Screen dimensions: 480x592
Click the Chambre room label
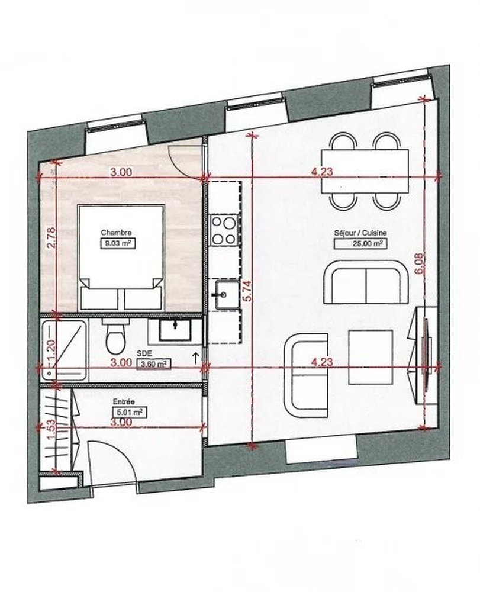pos(116,233)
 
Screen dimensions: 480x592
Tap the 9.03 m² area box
pos(118,243)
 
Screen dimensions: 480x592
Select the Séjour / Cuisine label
pos(360,233)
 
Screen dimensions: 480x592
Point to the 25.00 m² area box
pos(360,243)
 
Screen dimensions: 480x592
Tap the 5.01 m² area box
pos(130,412)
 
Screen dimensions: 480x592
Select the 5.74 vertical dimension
pos(248,291)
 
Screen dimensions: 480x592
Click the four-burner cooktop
pos(224,229)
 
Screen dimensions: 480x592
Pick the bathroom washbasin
pos(175,330)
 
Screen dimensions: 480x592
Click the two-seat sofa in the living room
pos(365,282)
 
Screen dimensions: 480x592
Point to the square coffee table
pos(371,357)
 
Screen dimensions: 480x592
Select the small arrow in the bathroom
pos(196,358)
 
